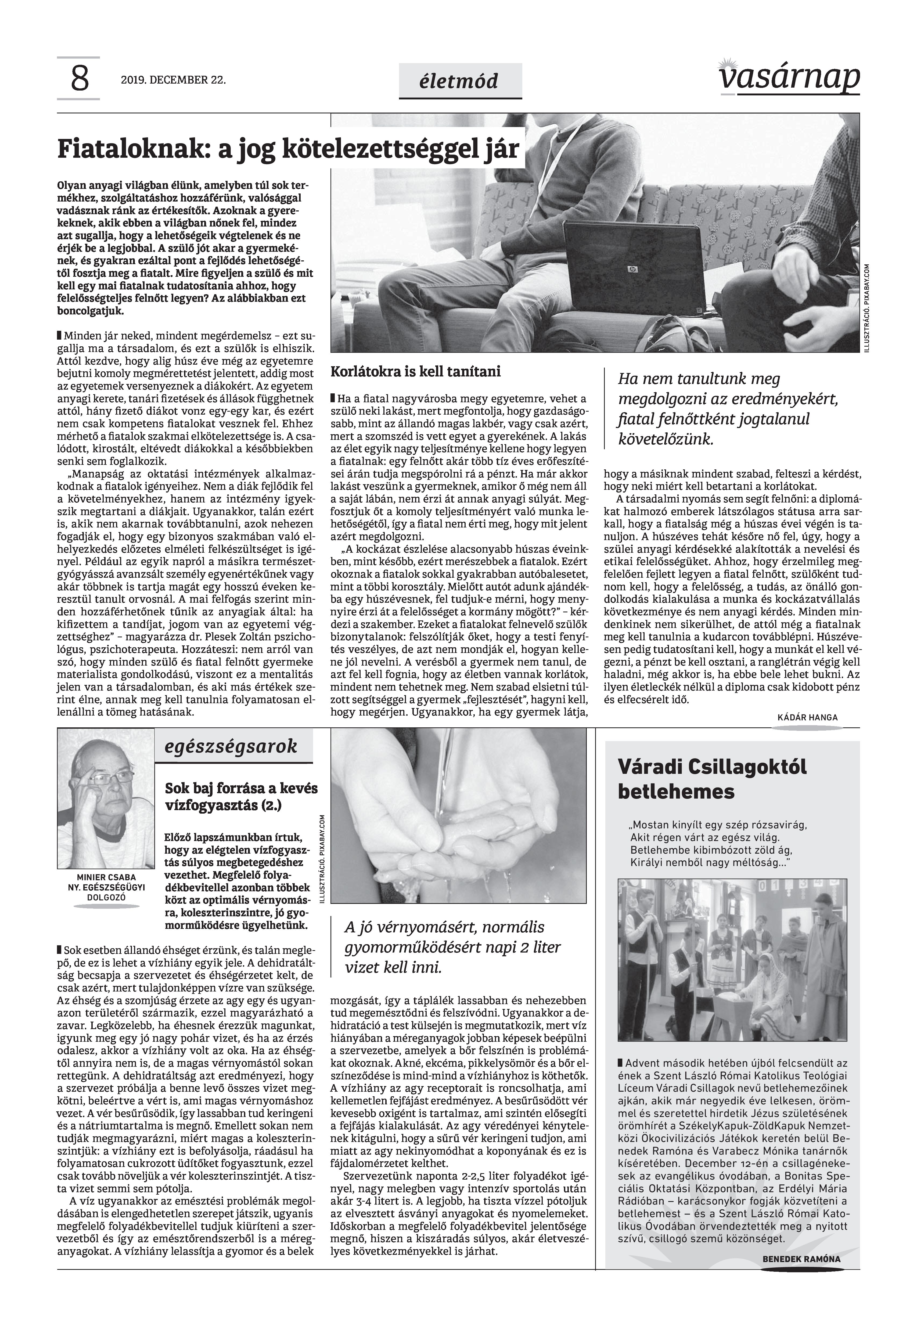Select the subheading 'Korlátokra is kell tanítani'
[415, 372]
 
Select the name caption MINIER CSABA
[106, 877]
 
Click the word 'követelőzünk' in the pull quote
[665, 440]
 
